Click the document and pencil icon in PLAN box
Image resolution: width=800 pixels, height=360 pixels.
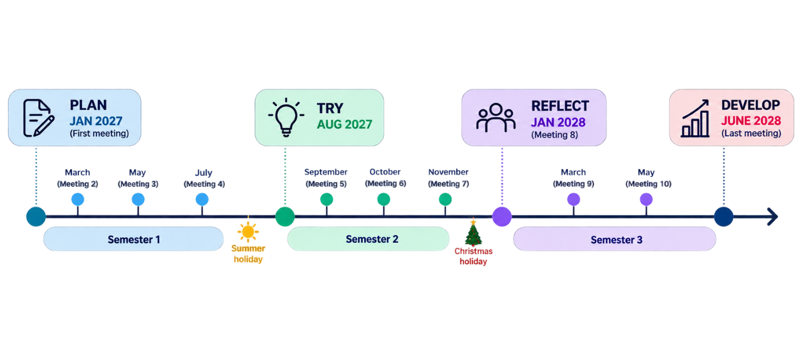[x=39, y=118]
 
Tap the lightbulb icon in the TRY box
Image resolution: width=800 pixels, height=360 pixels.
[x=286, y=117]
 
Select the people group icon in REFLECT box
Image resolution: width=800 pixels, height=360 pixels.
[x=495, y=118]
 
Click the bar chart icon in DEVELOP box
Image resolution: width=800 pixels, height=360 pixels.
[x=695, y=118]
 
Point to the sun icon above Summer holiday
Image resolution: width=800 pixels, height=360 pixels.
[x=248, y=232]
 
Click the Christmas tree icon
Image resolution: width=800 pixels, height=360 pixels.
[x=473, y=232]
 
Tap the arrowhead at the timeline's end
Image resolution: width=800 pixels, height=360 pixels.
[x=772, y=217]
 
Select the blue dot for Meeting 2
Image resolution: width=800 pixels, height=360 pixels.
[x=77, y=199]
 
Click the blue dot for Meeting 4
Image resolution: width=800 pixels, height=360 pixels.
[x=202, y=199]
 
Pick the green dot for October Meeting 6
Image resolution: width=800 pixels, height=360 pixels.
[x=384, y=199]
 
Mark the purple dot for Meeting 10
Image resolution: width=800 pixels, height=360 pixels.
[x=646, y=199]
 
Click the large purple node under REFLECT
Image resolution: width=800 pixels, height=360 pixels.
[x=502, y=217]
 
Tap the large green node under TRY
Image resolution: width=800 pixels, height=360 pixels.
[x=285, y=217]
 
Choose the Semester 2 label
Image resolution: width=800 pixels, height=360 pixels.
[x=372, y=239]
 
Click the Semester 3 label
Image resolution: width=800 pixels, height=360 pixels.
[x=617, y=239]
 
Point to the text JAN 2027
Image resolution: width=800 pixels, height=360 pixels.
[x=95, y=121]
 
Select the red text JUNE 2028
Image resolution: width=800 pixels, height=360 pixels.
[x=751, y=121]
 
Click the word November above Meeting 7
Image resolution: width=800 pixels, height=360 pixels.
[x=448, y=172]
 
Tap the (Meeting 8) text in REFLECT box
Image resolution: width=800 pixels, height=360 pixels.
[x=554, y=135]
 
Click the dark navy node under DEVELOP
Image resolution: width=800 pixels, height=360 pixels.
[x=723, y=217]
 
